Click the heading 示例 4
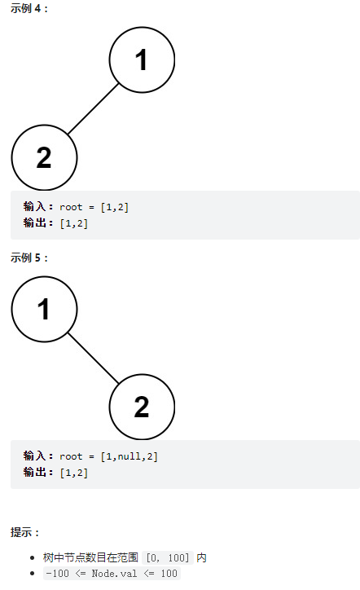coord(29,8)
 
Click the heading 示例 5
coord(29,258)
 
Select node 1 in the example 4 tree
coord(142,59)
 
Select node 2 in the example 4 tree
coord(44,157)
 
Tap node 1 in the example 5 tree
coord(44,310)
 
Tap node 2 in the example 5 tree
coord(142,407)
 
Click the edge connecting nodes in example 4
coord(93,108)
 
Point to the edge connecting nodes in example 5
coord(93,359)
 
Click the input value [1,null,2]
coord(129,456)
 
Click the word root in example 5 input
coord(71,456)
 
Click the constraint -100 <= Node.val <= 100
coord(112,574)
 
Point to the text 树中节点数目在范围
coord(90,557)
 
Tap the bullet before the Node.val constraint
coord(33,574)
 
